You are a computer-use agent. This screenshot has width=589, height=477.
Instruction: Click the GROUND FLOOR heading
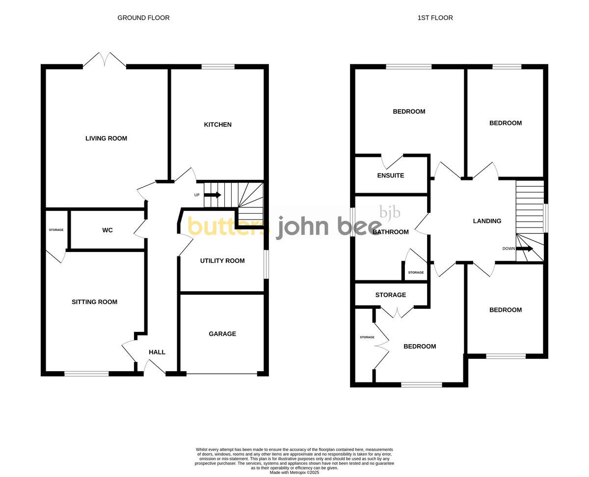[143, 18]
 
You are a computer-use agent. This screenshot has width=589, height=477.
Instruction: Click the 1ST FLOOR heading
[435, 18]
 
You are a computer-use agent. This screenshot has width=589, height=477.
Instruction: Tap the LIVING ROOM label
[106, 138]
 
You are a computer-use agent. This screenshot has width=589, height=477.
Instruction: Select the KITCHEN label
[217, 125]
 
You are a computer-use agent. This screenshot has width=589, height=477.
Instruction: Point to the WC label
[107, 230]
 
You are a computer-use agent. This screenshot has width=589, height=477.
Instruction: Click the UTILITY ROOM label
[222, 261]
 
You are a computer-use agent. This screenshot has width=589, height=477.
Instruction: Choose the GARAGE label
[222, 334]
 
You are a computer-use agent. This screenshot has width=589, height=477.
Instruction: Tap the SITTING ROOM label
[94, 302]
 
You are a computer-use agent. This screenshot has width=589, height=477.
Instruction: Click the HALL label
[157, 352]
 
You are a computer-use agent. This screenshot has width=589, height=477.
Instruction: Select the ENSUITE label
[390, 176]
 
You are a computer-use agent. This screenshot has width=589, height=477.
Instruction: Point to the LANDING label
[487, 221]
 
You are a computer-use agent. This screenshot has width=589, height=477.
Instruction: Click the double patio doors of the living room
[105, 60]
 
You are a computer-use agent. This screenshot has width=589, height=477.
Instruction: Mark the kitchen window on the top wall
[218, 67]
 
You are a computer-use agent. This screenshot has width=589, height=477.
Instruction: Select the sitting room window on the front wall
[86, 374]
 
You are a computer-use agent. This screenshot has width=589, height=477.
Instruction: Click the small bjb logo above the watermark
[390, 212]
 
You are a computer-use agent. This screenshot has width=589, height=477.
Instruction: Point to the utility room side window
[266, 265]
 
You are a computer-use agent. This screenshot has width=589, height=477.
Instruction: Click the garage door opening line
[221, 375]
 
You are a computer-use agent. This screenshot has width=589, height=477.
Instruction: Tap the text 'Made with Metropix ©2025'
[294, 473]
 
